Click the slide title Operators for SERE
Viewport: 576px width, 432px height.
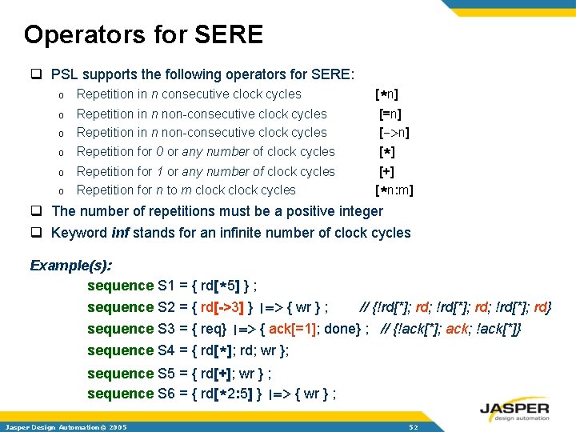143,34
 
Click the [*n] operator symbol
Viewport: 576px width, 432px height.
387,94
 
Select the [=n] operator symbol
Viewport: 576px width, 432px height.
390,114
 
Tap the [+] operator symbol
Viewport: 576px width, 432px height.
386,171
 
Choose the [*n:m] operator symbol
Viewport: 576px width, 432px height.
394,190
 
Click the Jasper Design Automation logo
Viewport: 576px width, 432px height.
514,409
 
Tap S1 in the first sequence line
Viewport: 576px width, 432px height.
167,286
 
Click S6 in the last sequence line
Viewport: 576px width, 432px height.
167,394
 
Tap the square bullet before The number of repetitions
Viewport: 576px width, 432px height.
36,212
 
